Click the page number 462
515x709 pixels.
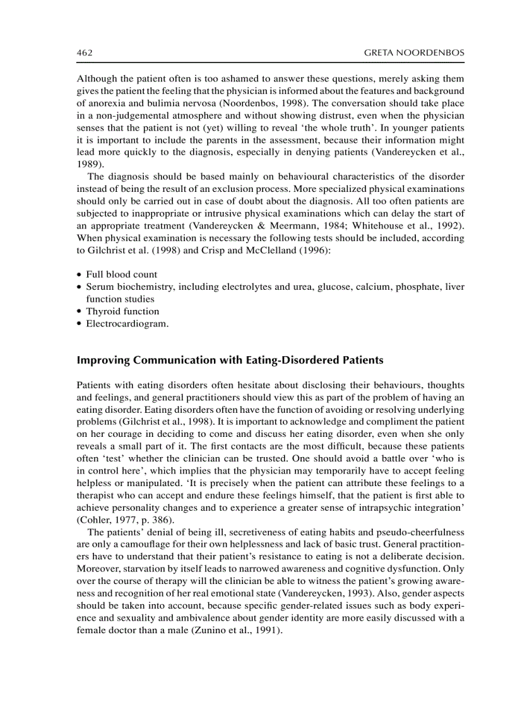pyautogui.click(x=85, y=53)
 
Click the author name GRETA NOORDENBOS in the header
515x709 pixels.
pyautogui.click(x=414, y=53)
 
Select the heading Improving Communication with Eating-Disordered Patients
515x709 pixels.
pyautogui.click(x=230, y=360)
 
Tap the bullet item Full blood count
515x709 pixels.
pyautogui.click(x=122, y=275)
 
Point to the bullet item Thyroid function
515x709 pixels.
pyautogui.click(x=122, y=311)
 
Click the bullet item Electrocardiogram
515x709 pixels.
pyautogui.click(x=127, y=323)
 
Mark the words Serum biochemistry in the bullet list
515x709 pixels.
pyautogui.click(x=129, y=287)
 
